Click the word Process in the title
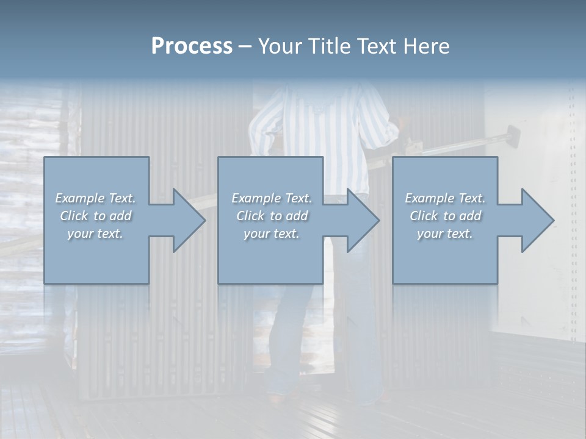(x=192, y=46)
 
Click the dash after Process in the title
(x=245, y=47)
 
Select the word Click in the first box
(x=74, y=216)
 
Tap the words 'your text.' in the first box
(x=95, y=234)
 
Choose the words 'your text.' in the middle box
(x=271, y=234)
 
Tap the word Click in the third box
(x=424, y=216)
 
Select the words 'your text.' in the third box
(x=444, y=234)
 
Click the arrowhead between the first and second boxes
(x=186, y=220)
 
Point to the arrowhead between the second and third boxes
(x=361, y=220)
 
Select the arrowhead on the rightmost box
(x=535, y=220)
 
